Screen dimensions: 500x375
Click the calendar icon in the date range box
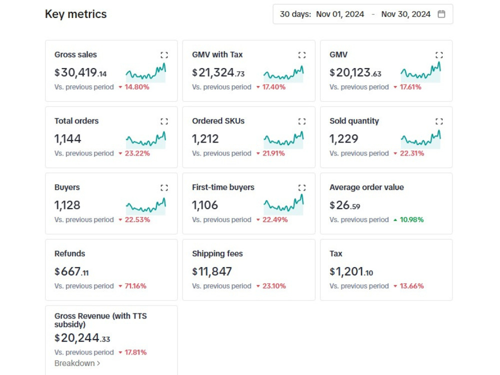441,14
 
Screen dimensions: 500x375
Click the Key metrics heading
76,14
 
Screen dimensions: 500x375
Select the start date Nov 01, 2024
340,14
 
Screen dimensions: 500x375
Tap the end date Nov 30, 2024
406,14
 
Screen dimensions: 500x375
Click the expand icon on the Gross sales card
164,55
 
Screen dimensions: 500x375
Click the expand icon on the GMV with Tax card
302,55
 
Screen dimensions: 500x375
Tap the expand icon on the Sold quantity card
439,121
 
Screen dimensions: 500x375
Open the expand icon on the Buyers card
164,187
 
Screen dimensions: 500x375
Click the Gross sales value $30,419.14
80,72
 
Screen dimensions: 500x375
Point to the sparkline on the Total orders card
146,140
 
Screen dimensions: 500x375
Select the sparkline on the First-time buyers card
283,204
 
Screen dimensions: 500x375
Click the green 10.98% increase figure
411,219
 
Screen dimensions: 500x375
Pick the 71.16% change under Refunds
135,286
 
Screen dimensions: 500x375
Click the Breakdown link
77,363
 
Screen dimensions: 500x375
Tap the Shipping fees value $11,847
212,271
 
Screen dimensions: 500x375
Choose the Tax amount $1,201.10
351,271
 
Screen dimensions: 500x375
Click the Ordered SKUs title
218,121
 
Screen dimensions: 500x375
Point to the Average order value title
366,187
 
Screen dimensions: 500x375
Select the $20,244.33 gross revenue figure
82,338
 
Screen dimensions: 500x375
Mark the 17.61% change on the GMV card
410,87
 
